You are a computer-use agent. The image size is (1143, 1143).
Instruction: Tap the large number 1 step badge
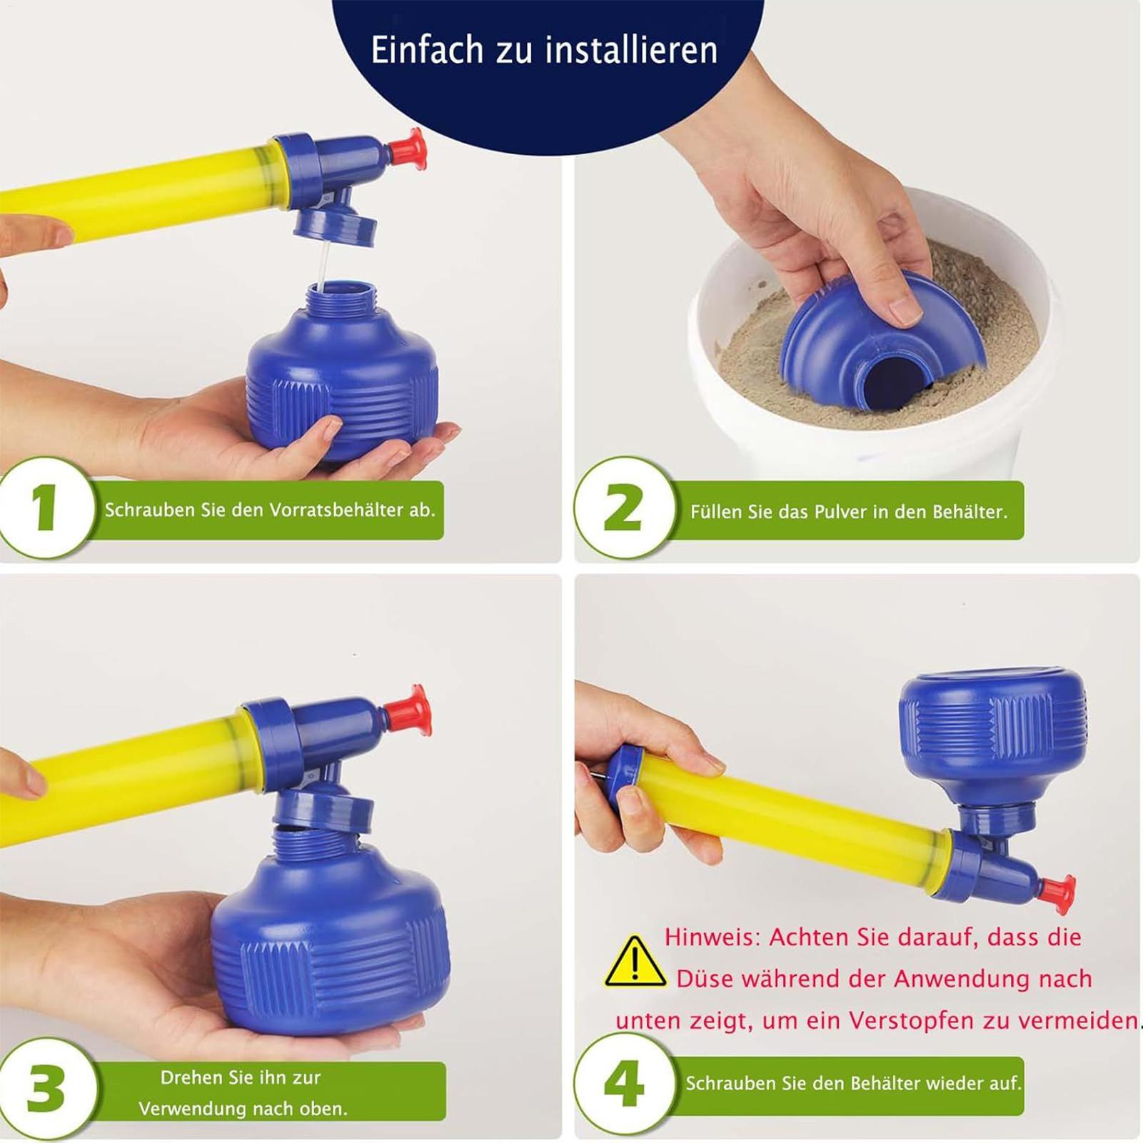point(46,508)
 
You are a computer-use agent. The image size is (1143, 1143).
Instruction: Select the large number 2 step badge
point(623,508)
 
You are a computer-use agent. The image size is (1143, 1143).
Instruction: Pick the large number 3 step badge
point(46,1089)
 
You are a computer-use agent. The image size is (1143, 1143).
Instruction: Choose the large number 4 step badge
point(623,1084)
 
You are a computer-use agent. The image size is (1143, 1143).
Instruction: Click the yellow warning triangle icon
point(635,961)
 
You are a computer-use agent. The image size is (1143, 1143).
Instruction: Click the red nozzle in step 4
point(1057,894)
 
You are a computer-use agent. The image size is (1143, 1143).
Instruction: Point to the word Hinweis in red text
point(713,937)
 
